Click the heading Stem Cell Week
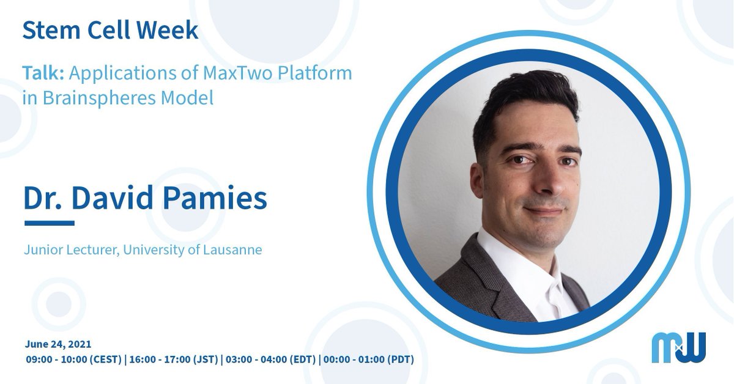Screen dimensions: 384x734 [x=110, y=31]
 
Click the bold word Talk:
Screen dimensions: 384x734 [x=44, y=73]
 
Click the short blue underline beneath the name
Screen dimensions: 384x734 [x=49, y=223]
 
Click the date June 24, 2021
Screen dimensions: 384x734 [x=58, y=344]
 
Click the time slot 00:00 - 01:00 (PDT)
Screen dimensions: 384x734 [x=369, y=359]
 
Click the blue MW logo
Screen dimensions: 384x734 [x=678, y=347]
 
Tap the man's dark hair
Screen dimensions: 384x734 [x=526, y=98]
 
